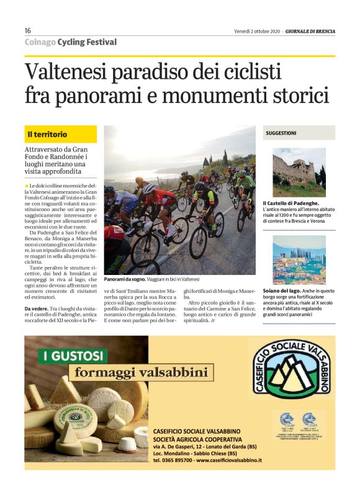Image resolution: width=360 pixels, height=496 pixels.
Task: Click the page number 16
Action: pyautogui.click(x=28, y=31)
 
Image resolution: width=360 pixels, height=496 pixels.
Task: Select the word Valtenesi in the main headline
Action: pyautogui.click(x=66, y=73)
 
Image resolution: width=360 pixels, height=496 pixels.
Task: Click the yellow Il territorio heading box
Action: pyautogui.click(x=61, y=134)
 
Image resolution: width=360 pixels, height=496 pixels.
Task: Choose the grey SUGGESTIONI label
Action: pyautogui.click(x=299, y=133)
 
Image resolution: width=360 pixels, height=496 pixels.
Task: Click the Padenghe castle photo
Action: pyautogui.click(x=299, y=171)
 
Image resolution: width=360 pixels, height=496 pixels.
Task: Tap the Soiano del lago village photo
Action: pyautogui.click(x=299, y=259)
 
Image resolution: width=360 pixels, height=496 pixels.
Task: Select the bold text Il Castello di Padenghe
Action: pyautogui.click(x=290, y=204)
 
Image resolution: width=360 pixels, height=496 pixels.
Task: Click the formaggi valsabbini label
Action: pyautogui.click(x=142, y=372)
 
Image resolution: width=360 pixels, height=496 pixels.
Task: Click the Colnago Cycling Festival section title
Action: pyautogui.click(x=70, y=42)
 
